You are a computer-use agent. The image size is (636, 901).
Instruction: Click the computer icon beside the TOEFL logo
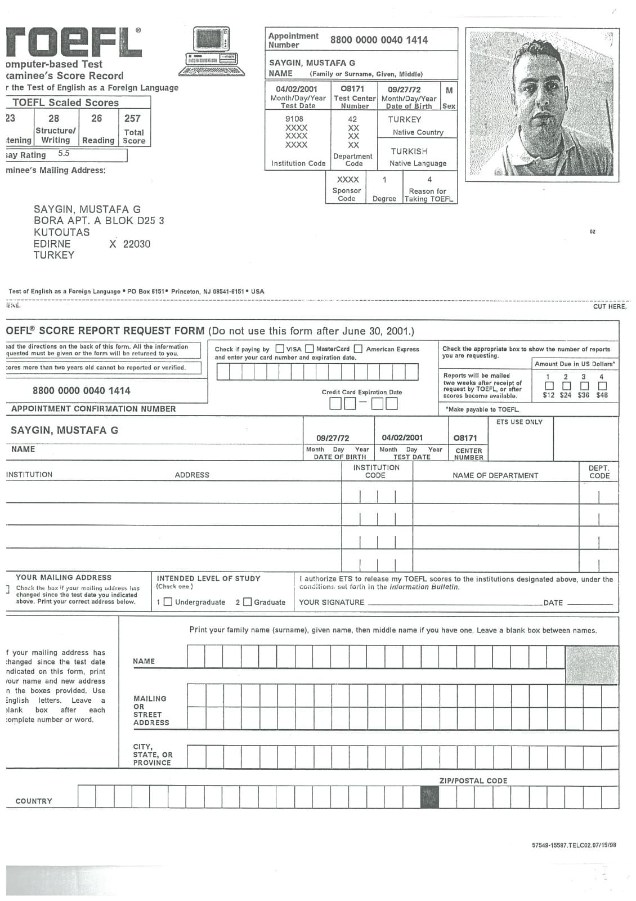pos(212,51)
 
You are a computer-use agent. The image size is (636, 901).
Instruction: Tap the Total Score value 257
pos(132,118)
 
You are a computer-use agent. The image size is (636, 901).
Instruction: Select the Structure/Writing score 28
pos(53,118)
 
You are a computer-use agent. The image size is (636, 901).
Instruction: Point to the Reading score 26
pos(97,118)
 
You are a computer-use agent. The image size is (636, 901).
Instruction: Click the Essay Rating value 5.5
pos(64,153)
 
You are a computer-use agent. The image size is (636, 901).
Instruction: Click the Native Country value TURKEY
pos(404,119)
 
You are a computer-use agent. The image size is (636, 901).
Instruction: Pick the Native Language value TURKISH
pos(409,151)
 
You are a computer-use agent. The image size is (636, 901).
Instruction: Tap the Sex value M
pos(449,90)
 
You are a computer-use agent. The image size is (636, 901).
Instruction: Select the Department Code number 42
pos(352,119)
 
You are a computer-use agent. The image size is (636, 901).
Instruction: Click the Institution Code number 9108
pos(294,119)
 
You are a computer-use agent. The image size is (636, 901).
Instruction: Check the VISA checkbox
pos(280,349)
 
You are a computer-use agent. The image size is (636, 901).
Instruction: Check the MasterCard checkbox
pos(309,349)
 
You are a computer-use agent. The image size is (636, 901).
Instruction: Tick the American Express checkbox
pos(359,349)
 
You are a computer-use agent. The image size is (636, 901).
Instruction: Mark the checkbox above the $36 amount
pos(585,386)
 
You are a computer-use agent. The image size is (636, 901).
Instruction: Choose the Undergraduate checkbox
pos(168,602)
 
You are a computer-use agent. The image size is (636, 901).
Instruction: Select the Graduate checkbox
pos(247,602)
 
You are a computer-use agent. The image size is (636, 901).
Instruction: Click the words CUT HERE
pos(610,306)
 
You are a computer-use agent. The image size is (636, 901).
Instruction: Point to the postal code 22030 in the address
pos(137,244)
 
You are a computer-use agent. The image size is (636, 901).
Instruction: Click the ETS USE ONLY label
pos(519,422)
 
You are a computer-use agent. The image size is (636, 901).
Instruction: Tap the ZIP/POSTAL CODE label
pos(473,780)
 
